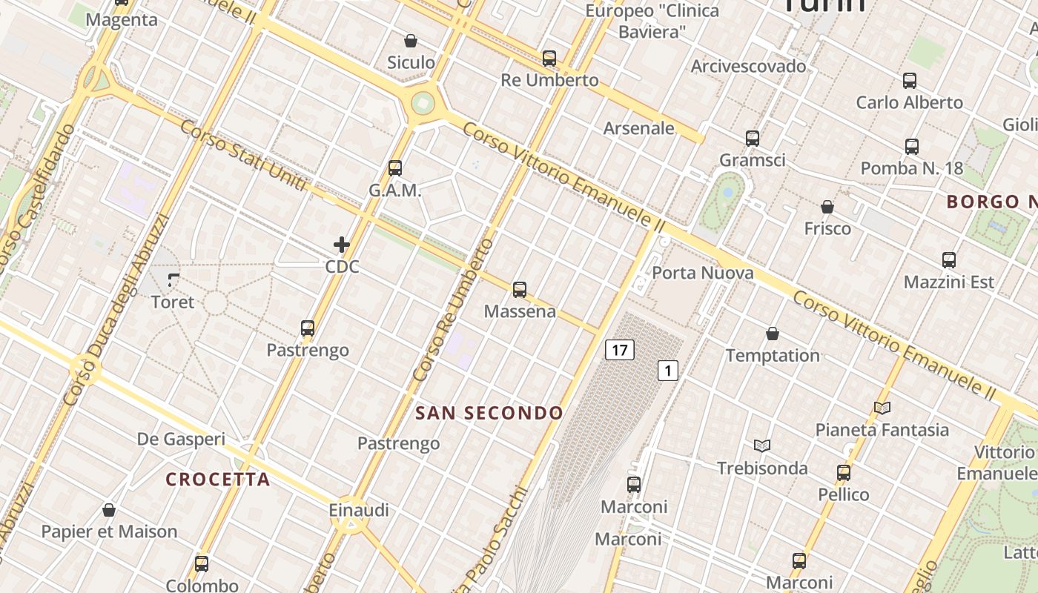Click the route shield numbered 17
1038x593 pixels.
(620, 350)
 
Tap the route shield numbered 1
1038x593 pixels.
(668, 370)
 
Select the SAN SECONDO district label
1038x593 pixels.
(489, 413)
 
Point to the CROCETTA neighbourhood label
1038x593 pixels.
(218, 480)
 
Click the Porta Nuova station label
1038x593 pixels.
(702, 273)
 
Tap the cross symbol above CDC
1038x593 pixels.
(342, 245)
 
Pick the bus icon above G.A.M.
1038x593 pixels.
(395, 168)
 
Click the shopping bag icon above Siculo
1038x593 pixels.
(411, 41)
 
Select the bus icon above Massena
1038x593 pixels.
(520, 289)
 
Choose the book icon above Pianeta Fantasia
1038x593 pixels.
(882, 408)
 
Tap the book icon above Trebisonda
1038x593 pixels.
(762, 445)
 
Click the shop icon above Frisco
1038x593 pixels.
(827, 207)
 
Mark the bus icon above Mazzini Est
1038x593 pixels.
(949, 260)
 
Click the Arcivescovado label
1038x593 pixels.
(748, 66)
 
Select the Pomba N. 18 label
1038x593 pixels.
(912, 168)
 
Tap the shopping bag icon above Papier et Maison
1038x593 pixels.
(109, 510)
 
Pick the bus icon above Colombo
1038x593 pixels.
(202, 563)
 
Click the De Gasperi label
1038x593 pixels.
(181, 439)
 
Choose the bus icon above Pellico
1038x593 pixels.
(844, 473)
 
